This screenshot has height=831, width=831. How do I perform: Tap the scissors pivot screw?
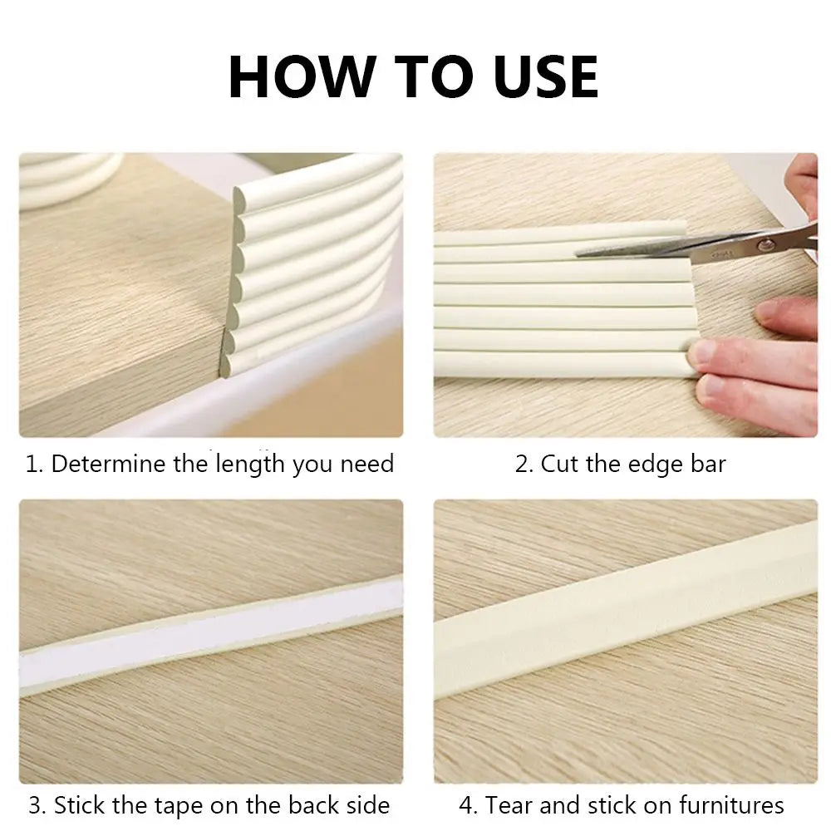tap(765, 243)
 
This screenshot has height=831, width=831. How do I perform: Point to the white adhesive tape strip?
tap(208, 636)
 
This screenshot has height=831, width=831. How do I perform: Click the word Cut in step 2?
tap(561, 464)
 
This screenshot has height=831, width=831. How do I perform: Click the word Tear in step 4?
tap(509, 805)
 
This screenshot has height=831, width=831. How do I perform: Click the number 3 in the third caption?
tap(35, 805)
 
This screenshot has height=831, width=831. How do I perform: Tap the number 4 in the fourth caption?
tap(466, 805)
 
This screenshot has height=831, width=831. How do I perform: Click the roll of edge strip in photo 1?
tap(66, 179)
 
